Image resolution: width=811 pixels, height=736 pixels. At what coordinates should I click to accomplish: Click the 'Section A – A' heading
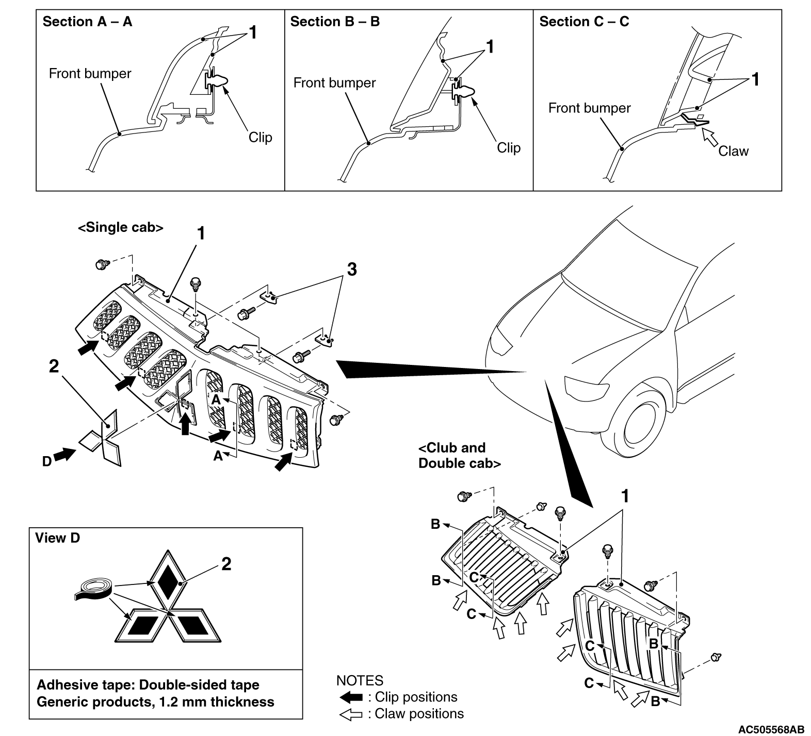[x=87, y=22]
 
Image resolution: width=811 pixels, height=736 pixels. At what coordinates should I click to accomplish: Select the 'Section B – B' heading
[x=335, y=22]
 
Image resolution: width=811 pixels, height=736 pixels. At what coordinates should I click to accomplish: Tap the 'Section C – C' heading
[x=584, y=22]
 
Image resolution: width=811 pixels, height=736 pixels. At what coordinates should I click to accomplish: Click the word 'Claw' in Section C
[x=733, y=150]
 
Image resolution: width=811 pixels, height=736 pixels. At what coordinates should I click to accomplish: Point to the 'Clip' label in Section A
[x=260, y=137]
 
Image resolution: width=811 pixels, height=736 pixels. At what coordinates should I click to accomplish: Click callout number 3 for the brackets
[x=351, y=269]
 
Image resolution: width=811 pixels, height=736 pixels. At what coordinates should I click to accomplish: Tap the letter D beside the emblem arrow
[x=47, y=462]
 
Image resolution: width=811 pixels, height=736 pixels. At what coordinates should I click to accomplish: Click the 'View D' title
[x=58, y=538]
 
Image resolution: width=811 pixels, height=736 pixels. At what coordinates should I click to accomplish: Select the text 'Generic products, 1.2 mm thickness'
[x=155, y=701]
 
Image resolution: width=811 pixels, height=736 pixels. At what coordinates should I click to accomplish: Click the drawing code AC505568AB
[x=771, y=729]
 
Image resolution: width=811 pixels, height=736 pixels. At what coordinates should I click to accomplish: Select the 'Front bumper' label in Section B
[x=334, y=82]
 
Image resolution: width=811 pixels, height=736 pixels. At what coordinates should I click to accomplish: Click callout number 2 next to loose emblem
[x=54, y=366]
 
